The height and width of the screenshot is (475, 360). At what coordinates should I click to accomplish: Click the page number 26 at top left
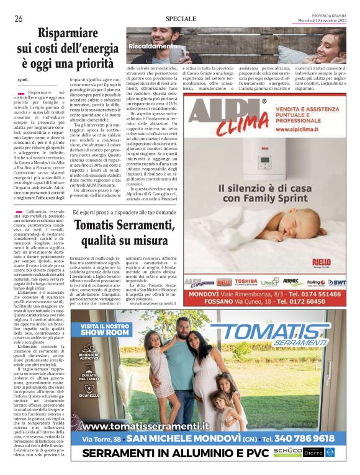click(18, 19)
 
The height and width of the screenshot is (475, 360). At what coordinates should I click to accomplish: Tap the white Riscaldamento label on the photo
click(153, 46)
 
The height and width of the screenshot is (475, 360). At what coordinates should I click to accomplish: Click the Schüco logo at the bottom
click(287, 453)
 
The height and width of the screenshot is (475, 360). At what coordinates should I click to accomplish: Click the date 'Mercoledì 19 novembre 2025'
click(320, 22)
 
